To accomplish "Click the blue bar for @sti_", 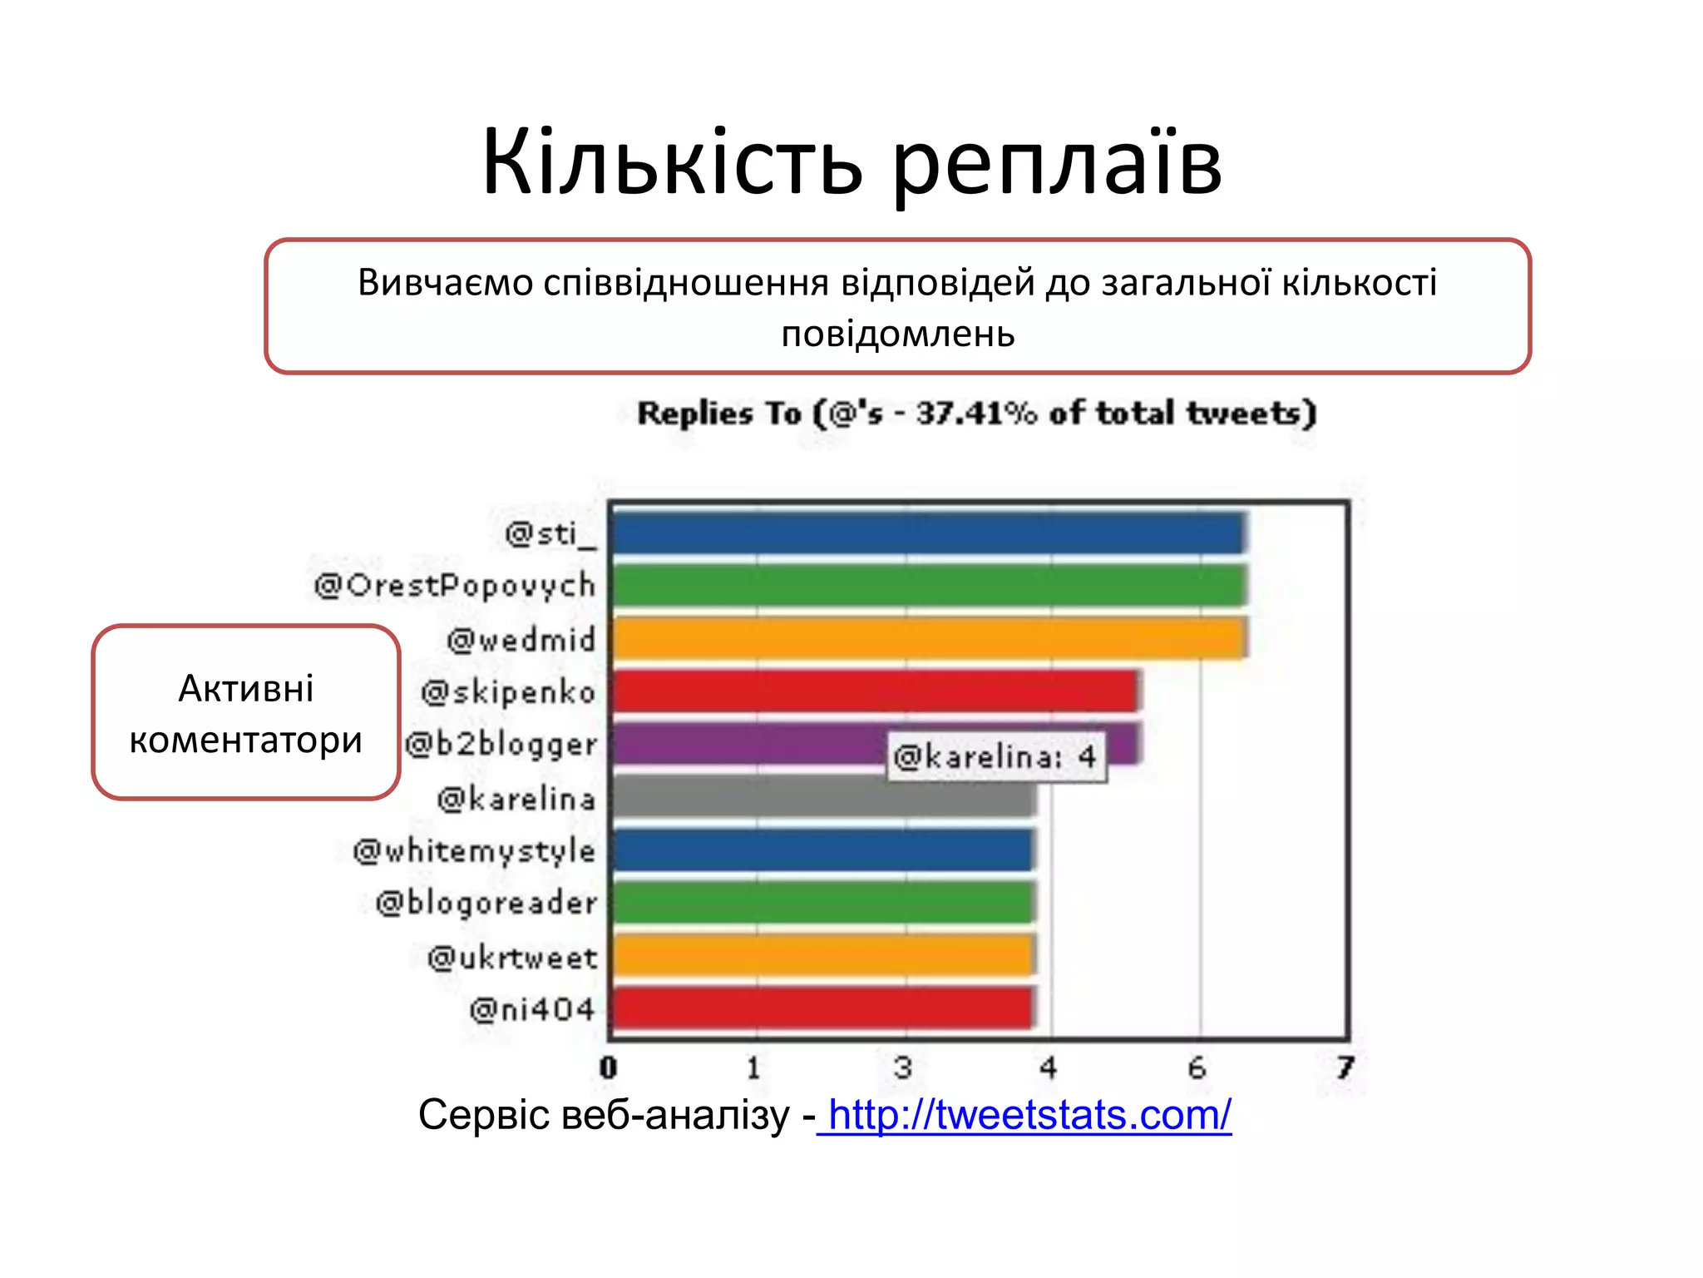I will (x=927, y=533).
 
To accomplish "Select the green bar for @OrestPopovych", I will (x=927, y=585).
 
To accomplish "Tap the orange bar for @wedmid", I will (x=927, y=638).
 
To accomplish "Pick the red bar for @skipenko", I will (x=873, y=691).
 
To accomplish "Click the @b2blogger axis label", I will (x=501, y=745).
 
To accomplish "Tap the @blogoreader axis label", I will (x=486, y=904).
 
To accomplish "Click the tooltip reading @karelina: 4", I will (x=996, y=757).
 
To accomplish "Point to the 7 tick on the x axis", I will (x=1345, y=1067).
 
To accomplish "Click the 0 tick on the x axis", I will (x=609, y=1067).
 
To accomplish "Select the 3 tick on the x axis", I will (x=903, y=1067).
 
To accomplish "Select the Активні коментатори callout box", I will (x=246, y=713).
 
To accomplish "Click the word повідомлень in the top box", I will (x=898, y=334).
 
